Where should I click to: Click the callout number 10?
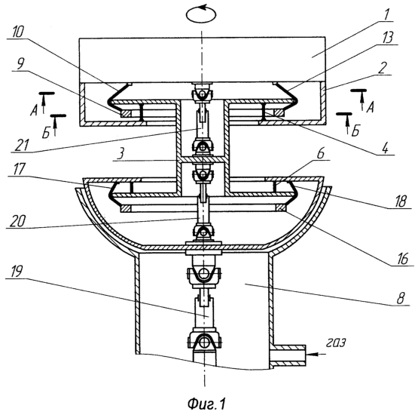tap(18, 32)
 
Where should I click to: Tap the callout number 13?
tap(387, 38)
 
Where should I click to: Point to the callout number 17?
tap(19, 169)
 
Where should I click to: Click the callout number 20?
tap(17, 221)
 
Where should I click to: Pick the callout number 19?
tap(17, 272)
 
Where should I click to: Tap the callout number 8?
tap(401, 298)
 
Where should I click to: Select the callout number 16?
tap(402, 259)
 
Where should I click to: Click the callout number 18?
tap(401, 201)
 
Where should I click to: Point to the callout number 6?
tap(321, 154)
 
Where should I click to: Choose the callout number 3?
tap(121, 155)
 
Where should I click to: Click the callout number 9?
tap(20, 63)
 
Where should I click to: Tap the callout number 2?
tap(382, 68)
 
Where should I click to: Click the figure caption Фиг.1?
tap(206, 404)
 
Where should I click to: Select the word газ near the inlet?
tap(336, 343)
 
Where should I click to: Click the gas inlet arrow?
tap(316, 354)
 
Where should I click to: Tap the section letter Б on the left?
tap(46, 133)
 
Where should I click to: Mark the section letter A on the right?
tap(370, 108)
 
